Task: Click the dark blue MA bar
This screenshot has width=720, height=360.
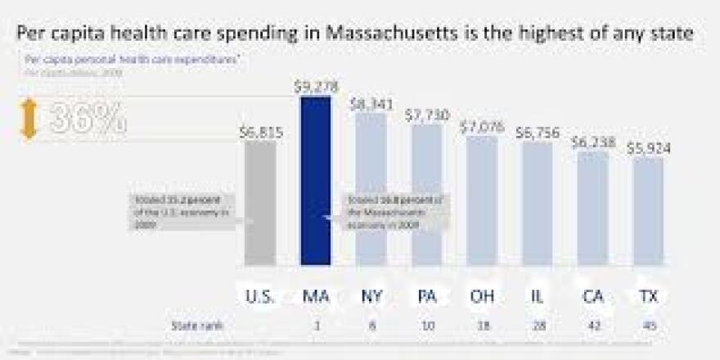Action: [316, 180]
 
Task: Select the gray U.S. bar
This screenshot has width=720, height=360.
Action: [260, 205]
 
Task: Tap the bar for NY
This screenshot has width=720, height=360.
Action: [370, 188]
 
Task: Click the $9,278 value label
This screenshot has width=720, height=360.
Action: [316, 85]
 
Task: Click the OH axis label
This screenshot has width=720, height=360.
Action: [481, 295]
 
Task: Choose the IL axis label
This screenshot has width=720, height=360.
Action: [537, 295]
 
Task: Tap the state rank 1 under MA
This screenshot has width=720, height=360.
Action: [316, 326]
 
